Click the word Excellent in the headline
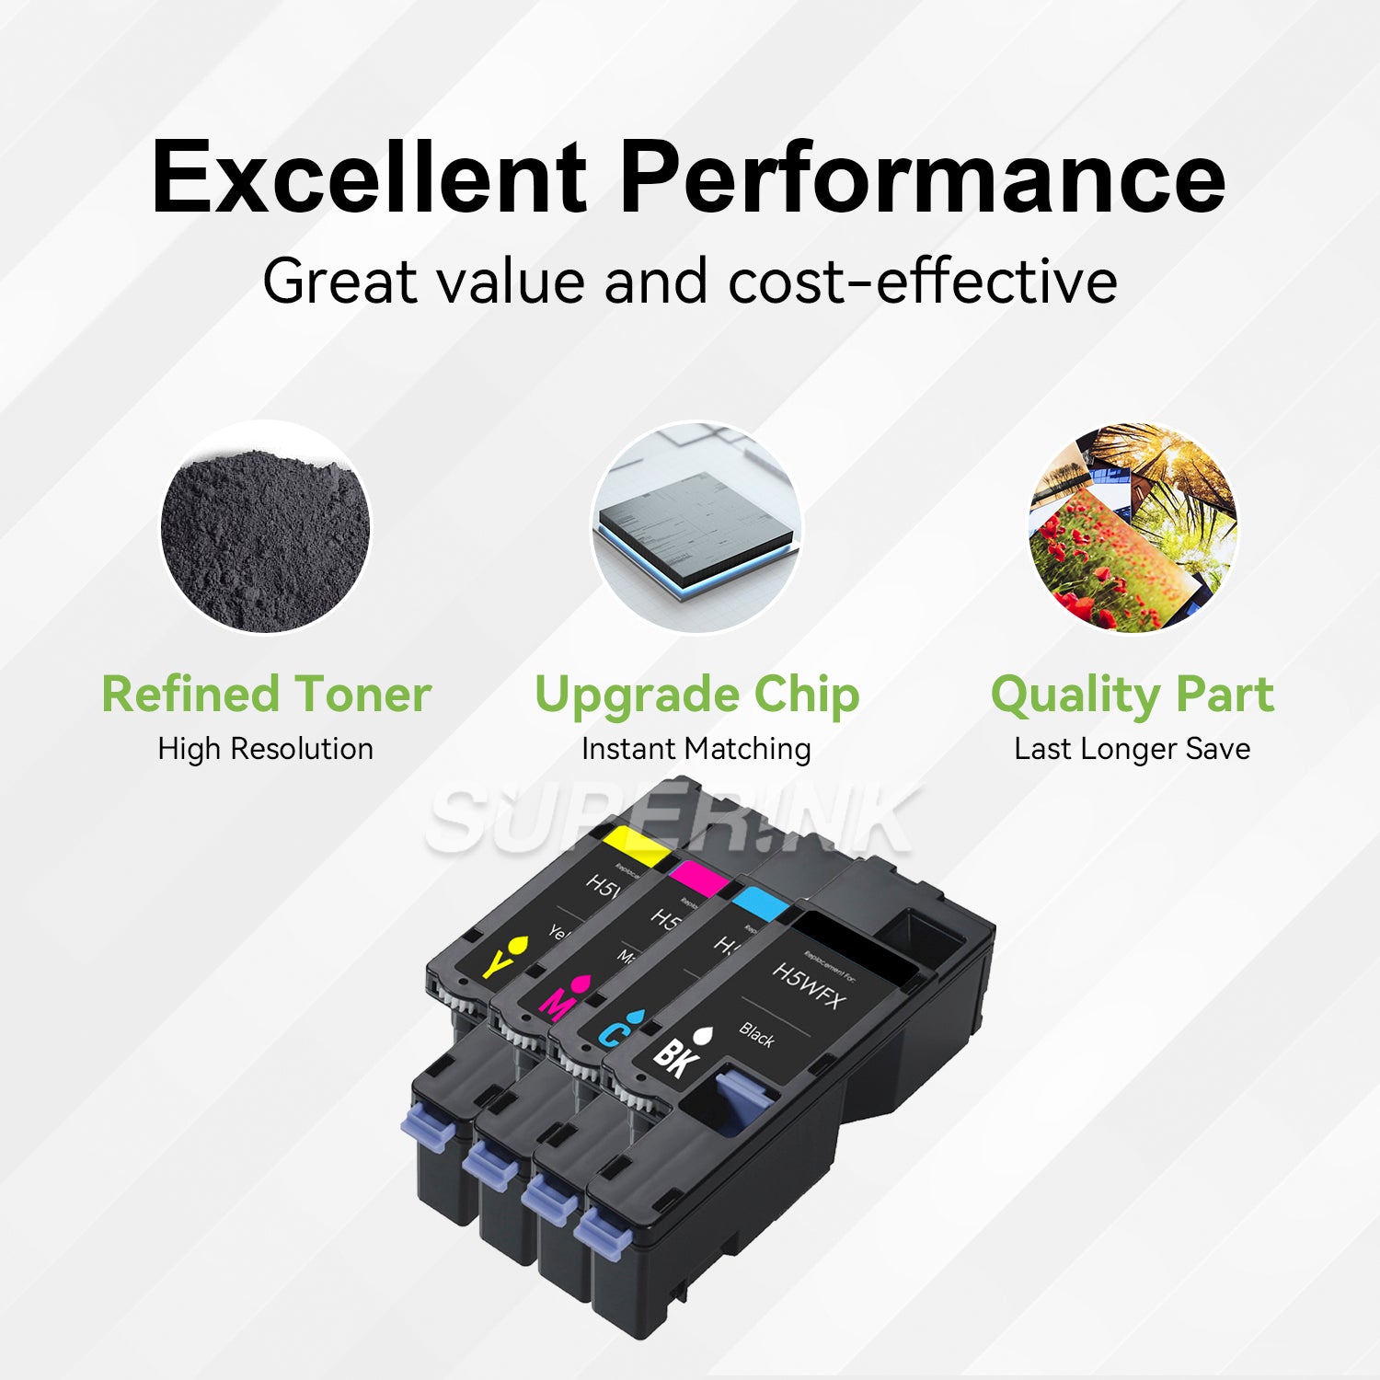[x=368, y=177]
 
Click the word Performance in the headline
[x=922, y=177]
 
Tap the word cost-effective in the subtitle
[x=923, y=281]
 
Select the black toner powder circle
[x=265, y=527]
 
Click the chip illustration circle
[x=696, y=527]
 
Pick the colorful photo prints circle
[x=1133, y=527]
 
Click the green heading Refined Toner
[x=266, y=694]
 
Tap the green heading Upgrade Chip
[x=696, y=694]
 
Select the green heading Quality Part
[x=1133, y=694]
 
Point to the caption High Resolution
[x=266, y=749]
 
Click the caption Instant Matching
[x=696, y=749]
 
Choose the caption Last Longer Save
[x=1133, y=749]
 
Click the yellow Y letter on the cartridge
[x=495, y=963]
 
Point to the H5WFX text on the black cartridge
[x=807, y=985]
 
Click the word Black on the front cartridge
[x=756, y=1035]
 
